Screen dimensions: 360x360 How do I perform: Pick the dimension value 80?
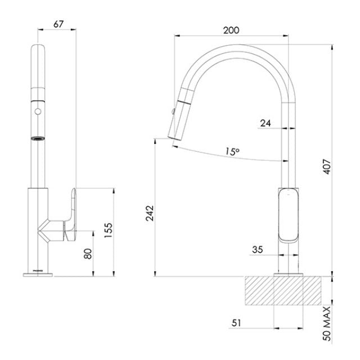pos(88,254)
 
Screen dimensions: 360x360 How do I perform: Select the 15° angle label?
pos(231,151)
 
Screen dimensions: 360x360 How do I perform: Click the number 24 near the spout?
pos(265,122)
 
